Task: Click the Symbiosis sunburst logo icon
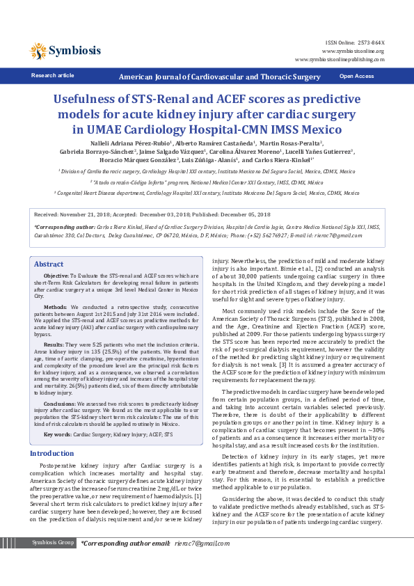(x=38, y=50)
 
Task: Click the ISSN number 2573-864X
(x=371, y=43)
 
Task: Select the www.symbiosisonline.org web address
(x=355, y=51)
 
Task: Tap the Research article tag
(x=53, y=75)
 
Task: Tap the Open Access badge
(x=356, y=76)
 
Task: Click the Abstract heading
(x=49, y=264)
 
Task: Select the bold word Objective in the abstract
(x=56, y=276)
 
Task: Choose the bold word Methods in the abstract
(x=56, y=306)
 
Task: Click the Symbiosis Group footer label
(x=54, y=562)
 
